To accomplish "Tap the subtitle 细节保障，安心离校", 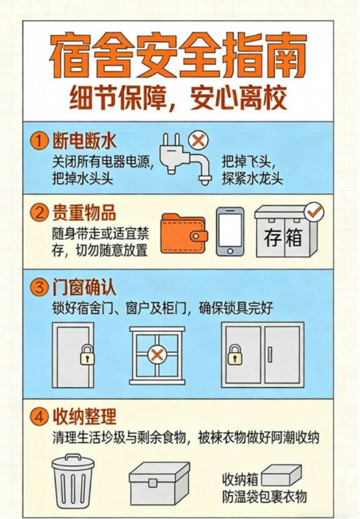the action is pos(178,98).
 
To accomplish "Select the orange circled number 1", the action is pos(40,142).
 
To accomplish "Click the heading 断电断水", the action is pos(84,142).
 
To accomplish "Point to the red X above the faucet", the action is pos(198,140).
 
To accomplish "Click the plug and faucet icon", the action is pos(185,159).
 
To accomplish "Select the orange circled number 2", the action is pos(40,212).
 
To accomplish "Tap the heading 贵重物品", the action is pos(84,212).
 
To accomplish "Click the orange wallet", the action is pos(185,234).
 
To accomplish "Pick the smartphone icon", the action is pos(230,232).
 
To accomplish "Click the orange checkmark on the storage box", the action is pos(314,212).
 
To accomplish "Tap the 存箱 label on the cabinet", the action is pos(283,237).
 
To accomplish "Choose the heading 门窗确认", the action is pos(84,287).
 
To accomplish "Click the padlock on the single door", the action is pos(88,355).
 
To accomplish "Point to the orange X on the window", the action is pos(157,355).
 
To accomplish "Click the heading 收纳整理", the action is pos(84,416).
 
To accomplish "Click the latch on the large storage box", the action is pos(153,483).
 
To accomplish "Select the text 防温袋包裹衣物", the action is pos(264,496).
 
